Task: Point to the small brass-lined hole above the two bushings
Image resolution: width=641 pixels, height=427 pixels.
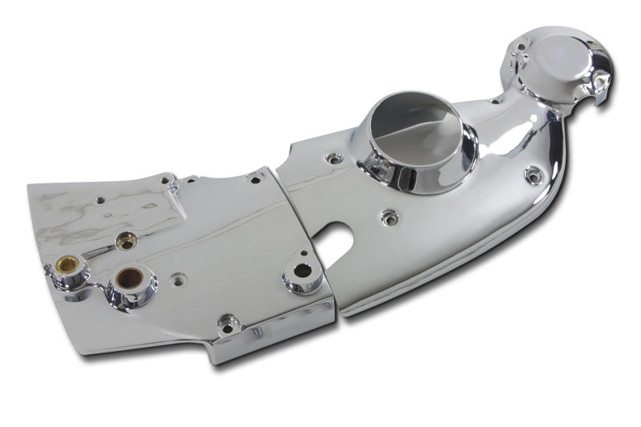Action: click(124, 238)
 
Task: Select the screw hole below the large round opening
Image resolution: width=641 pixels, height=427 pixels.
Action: click(389, 216)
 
